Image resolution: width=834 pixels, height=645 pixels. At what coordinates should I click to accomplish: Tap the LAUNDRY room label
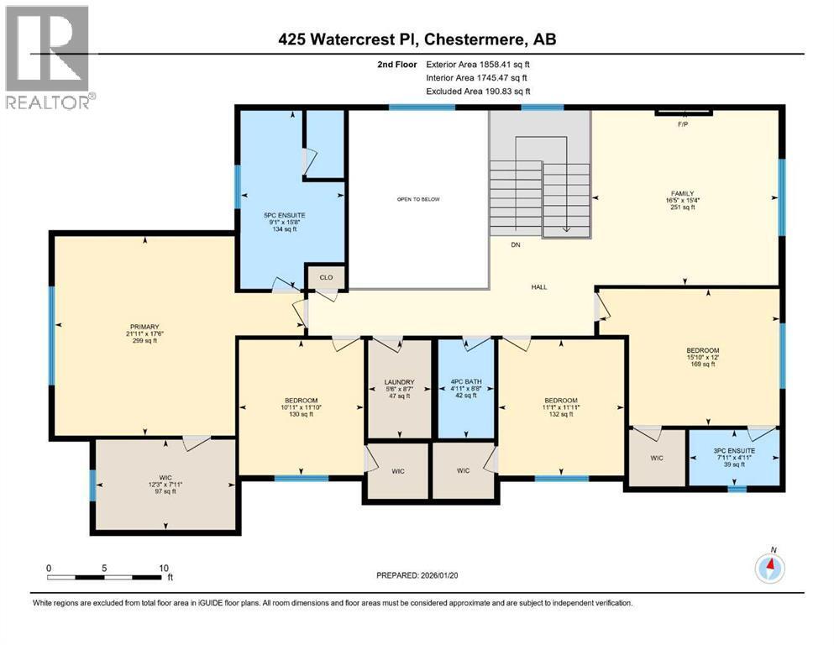[x=398, y=382]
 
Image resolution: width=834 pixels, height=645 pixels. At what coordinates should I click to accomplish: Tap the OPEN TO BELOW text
[x=418, y=199]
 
